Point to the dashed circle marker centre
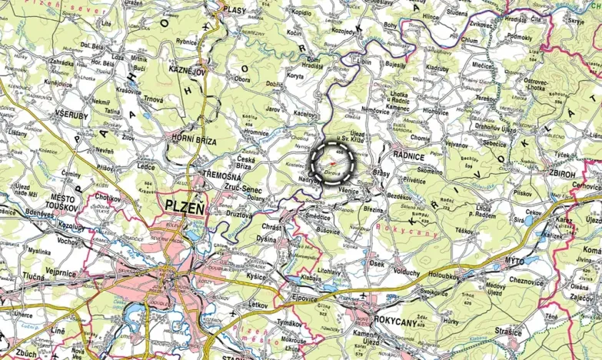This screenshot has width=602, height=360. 333,162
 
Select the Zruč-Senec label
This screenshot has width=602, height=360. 240,187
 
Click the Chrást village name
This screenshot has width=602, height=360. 273,228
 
